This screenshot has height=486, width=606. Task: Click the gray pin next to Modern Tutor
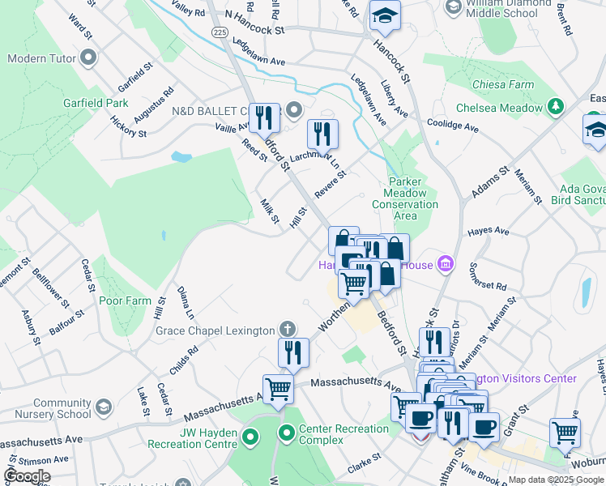coord(88,59)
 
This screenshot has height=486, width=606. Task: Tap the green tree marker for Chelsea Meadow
coord(556,108)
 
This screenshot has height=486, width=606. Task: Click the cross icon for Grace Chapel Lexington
coord(286,330)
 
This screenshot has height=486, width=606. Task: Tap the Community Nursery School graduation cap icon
coord(103,407)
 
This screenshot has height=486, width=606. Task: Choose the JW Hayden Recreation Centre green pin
coord(250,438)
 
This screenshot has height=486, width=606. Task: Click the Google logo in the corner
coord(28,475)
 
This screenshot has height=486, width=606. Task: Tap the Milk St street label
coord(270,211)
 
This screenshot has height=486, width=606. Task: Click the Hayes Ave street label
coord(489,232)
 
